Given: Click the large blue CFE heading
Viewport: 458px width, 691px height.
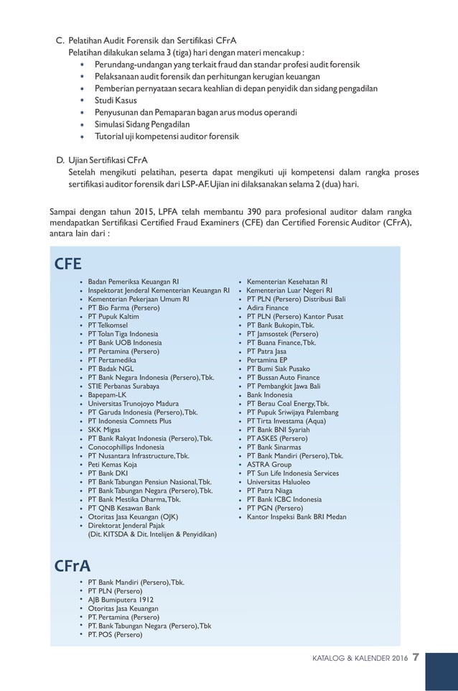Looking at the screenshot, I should pos(68,263).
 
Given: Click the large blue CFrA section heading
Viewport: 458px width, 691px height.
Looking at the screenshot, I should pos(73,566).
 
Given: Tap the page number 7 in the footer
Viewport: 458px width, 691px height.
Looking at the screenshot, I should pos(416,657).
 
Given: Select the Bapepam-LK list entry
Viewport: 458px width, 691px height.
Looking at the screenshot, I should pos(107,394).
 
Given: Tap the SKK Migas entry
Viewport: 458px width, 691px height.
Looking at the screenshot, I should pos(104,430).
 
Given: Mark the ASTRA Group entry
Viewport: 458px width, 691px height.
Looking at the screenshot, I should pos(269,464).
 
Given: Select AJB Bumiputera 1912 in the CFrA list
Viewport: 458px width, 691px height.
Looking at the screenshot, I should pos(120,599).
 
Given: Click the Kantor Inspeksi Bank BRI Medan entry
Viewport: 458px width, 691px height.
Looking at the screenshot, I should pos(296,516).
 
